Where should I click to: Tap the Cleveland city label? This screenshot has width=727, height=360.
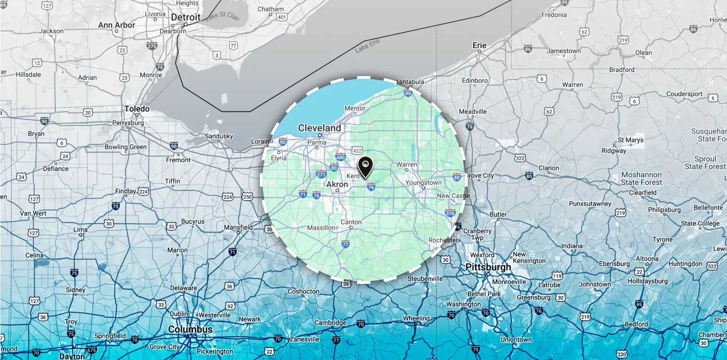pyautogui.click(x=320, y=128)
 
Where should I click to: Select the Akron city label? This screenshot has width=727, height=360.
pyautogui.click(x=337, y=184)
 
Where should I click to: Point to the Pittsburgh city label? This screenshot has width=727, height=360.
pyautogui.click(x=488, y=267)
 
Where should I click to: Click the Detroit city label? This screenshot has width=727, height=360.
pyautogui.click(x=185, y=18)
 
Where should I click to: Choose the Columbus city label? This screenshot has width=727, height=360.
pyautogui.click(x=190, y=329)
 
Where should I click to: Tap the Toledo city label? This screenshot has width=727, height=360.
pyautogui.click(x=137, y=109)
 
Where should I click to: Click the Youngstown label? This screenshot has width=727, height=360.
pyautogui.click(x=423, y=183)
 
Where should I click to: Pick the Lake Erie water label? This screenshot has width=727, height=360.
pyautogui.click(x=367, y=45)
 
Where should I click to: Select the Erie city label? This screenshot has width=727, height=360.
pyautogui.click(x=479, y=45)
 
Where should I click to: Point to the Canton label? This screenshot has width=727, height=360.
pyautogui.click(x=351, y=222)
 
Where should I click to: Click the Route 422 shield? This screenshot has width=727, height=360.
pyautogui.click(x=357, y=151)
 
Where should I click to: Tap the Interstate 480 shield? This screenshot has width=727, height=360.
pyautogui.click(x=340, y=157)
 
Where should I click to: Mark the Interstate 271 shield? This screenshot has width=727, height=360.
pyautogui.click(x=321, y=175)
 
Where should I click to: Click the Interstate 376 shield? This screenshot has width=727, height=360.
pyautogui.click(x=450, y=213)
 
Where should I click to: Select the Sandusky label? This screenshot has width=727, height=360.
pyautogui.click(x=219, y=136)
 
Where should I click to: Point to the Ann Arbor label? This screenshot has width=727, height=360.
pyautogui.click(x=117, y=25)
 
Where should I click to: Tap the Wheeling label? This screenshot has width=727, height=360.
pyautogui.click(x=416, y=318)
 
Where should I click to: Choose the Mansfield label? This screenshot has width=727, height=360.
pyautogui.click(x=238, y=227)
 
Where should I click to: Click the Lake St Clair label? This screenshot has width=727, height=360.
pyautogui.click(x=222, y=16)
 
